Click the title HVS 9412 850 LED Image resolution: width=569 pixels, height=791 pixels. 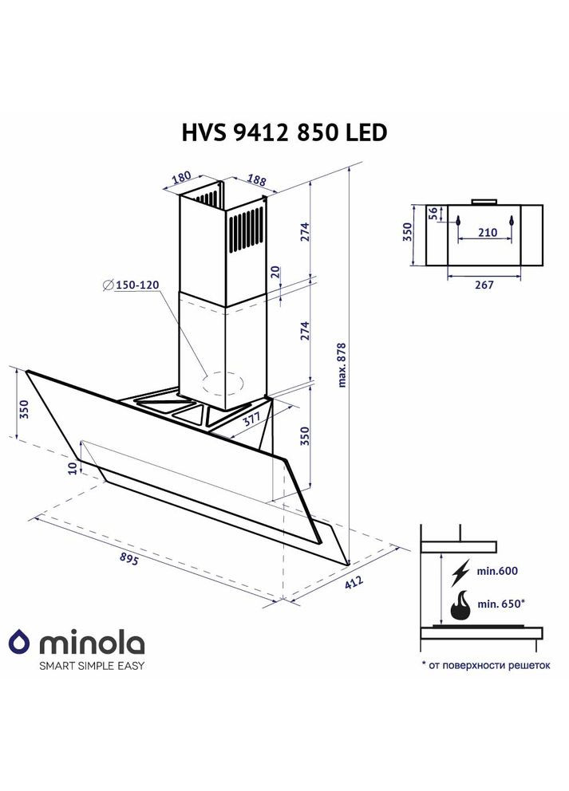click(x=285, y=132)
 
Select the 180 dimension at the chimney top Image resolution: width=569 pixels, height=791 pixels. click(x=181, y=178)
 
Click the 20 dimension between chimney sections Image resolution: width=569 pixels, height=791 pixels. click(x=275, y=272)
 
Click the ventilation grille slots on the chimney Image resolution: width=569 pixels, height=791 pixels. click(x=247, y=231)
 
